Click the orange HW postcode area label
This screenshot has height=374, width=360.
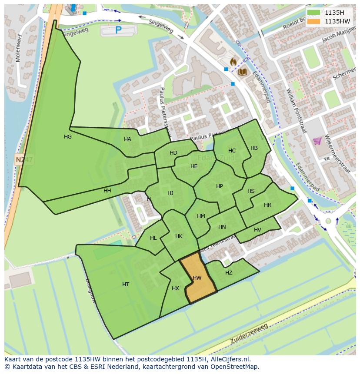point(197,278)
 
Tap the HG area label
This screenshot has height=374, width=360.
point(68,137)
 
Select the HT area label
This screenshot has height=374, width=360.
point(126,285)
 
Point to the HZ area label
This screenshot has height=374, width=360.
point(229,273)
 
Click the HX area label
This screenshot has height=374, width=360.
point(175,288)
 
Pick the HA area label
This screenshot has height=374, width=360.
point(127,139)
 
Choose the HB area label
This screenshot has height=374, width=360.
point(254,148)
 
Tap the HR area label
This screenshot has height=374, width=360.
point(267,205)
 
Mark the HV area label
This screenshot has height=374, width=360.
point(257,230)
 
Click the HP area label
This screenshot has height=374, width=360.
point(220,186)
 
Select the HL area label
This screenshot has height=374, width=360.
point(153,238)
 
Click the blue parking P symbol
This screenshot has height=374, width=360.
point(118,30)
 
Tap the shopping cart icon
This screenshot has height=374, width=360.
point(317,141)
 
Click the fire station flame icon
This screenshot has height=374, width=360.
point(233,62)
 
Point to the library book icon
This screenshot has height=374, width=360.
point(242,72)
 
